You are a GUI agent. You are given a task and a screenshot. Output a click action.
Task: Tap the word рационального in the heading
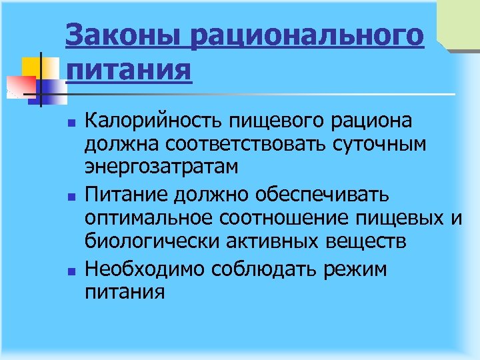pos(307,35)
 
